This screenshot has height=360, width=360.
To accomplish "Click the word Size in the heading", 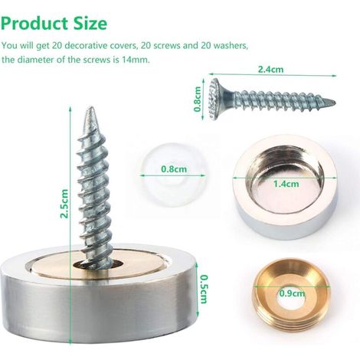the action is point(90,24).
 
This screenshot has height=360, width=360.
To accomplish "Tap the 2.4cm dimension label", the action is point(270,69).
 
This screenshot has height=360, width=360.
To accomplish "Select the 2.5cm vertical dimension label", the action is point(64,204).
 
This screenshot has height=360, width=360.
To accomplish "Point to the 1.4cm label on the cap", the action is point(286,184).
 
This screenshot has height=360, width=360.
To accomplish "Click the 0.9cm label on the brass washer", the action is point(292,293).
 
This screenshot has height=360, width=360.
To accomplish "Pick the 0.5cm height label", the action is point(204,289).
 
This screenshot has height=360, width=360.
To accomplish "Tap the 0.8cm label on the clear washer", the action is point(174,169).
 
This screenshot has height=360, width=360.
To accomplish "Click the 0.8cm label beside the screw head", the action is point(198,99).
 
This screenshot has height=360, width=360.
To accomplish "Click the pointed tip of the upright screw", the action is point(90,108).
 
